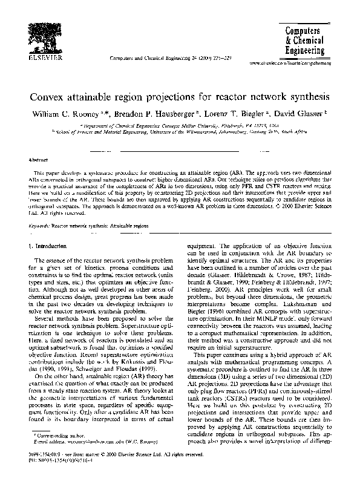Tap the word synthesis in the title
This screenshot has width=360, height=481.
(x=307, y=96)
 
